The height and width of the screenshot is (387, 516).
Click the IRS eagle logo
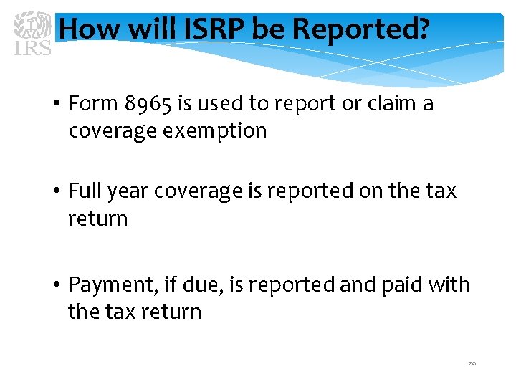coord(33,32)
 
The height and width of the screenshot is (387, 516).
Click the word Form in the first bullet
coord(93,104)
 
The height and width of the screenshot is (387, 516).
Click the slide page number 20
coord(472,363)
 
